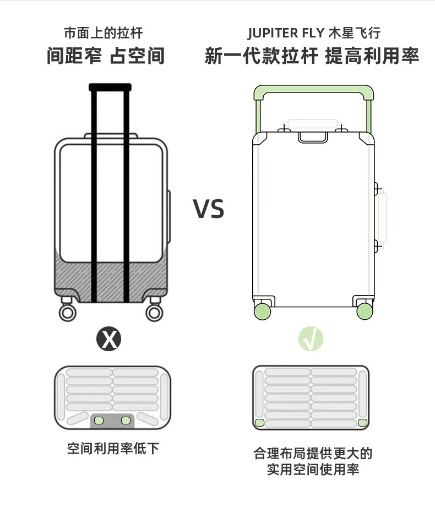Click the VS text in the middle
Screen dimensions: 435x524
[x=209, y=209]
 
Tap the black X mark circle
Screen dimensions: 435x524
[x=109, y=339]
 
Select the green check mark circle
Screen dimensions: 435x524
[x=311, y=339]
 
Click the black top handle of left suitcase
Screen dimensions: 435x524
[x=110, y=87]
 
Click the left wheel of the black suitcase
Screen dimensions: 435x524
[x=67, y=313]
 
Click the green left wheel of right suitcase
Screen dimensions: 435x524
[x=262, y=312]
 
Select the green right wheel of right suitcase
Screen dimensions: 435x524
[x=365, y=312]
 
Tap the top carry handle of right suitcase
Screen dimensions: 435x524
[x=313, y=137]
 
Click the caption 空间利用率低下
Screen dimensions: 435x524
[x=113, y=448]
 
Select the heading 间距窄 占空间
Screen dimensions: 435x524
[x=106, y=56]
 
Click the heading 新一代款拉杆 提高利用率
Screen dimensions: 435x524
[x=312, y=56]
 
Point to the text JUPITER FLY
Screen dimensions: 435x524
[x=286, y=33]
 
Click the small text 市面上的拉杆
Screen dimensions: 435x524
[x=103, y=33]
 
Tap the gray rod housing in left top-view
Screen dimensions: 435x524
[x=112, y=421]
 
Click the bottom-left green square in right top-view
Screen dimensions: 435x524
[x=259, y=423]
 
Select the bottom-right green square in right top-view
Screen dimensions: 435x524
[x=362, y=423]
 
